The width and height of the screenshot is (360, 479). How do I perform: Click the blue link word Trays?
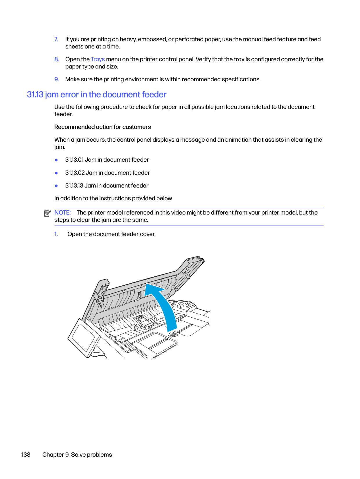click(x=98, y=59)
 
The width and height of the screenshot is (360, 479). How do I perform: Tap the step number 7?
click(x=56, y=39)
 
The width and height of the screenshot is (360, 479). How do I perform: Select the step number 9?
click(x=57, y=79)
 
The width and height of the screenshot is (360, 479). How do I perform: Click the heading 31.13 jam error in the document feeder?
click(x=96, y=95)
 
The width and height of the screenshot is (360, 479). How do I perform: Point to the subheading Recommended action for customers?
click(x=102, y=127)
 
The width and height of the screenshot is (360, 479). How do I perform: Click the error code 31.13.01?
click(x=74, y=160)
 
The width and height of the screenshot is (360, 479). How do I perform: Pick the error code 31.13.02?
click(x=75, y=173)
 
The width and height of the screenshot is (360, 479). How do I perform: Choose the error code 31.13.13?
click(x=74, y=186)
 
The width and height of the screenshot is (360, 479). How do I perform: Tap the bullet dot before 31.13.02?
click(x=56, y=173)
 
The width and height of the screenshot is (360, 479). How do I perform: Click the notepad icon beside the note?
click(x=47, y=213)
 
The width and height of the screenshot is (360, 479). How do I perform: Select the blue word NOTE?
click(x=62, y=213)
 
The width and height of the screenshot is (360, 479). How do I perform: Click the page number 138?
click(x=26, y=455)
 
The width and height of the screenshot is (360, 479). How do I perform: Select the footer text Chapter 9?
click(x=55, y=455)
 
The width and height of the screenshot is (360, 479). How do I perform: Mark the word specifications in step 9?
click(x=241, y=79)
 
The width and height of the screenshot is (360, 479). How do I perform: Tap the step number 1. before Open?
click(x=56, y=234)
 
